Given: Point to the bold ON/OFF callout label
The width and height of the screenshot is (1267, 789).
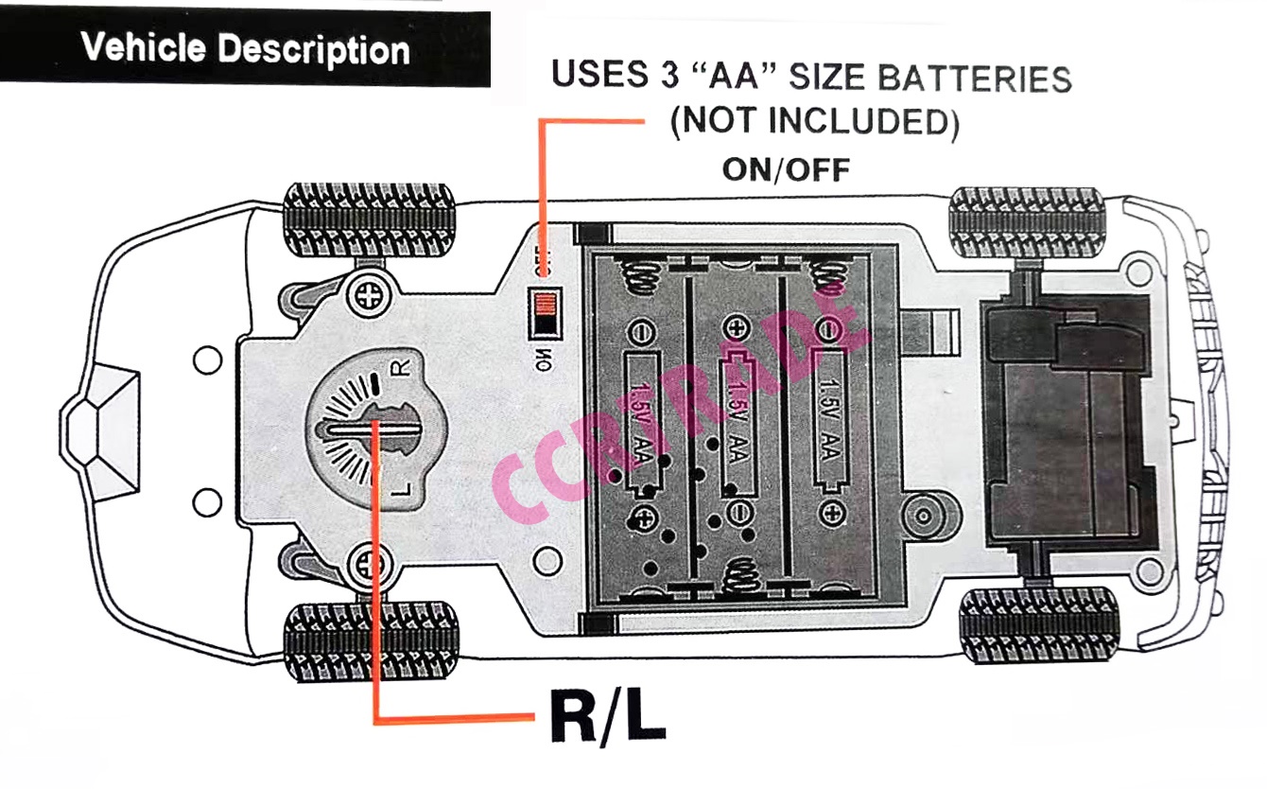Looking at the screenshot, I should tap(786, 169).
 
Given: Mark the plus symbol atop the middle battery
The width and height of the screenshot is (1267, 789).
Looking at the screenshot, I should tap(735, 328).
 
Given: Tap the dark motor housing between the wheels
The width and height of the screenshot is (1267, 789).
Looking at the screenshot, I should tap(1064, 426).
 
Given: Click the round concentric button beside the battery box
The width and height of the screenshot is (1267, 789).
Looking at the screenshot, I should tap(919, 517).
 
